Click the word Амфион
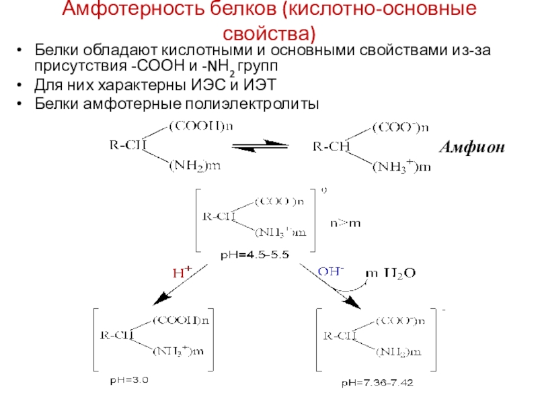coord(471,147)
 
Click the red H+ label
coord(182,273)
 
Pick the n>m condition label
coord(344,222)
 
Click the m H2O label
coord(390,273)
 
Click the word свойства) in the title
coord(269,32)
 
